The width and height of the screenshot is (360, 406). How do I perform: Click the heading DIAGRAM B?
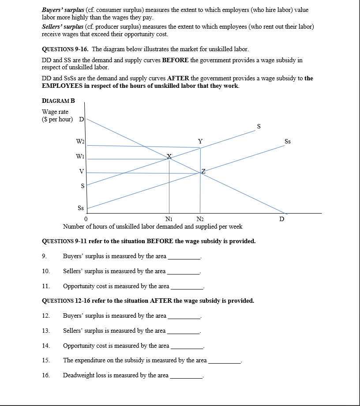(58, 101)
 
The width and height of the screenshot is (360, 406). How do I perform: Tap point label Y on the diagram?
(200, 141)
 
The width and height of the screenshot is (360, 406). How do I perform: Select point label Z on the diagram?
(203, 171)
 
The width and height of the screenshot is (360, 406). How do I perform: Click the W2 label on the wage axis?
(80, 142)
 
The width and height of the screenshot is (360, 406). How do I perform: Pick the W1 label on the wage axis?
(80, 156)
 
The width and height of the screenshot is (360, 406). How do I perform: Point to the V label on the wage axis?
(82, 172)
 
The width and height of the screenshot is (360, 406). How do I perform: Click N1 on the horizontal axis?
(169, 219)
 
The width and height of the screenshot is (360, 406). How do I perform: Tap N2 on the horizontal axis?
(200, 219)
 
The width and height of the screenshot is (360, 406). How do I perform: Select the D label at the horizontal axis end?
(282, 219)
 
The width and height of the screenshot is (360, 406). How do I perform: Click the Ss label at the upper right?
(288, 142)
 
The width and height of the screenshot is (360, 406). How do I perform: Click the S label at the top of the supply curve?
(259, 127)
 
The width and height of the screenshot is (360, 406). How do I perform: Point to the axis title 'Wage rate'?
(55, 112)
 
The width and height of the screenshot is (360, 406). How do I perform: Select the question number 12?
(45, 316)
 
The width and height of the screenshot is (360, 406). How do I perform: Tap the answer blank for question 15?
(225, 361)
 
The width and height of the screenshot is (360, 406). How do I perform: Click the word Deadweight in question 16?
(79, 375)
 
